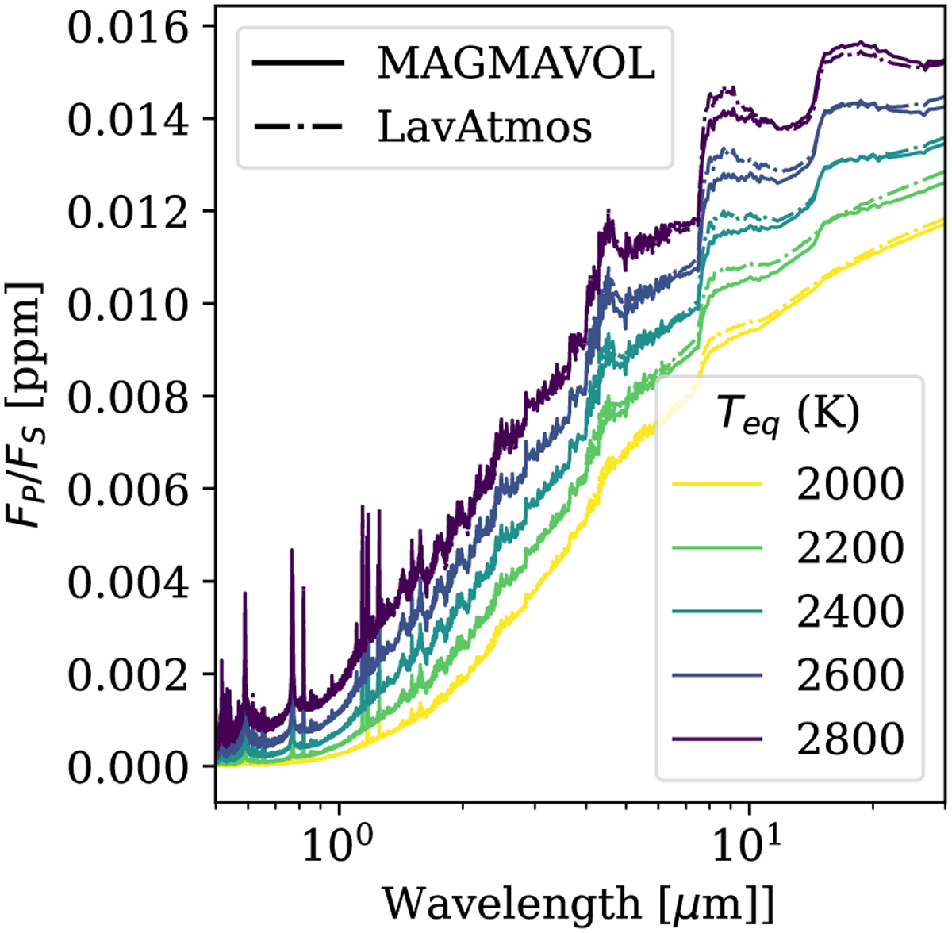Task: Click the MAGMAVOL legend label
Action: tap(516, 63)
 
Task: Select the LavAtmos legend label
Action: tap(485, 126)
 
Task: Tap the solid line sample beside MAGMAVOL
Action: tap(298, 63)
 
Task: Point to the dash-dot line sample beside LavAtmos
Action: tap(298, 126)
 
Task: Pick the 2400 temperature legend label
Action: tap(850, 611)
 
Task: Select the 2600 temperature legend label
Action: tap(850, 674)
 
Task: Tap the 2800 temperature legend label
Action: tap(850, 738)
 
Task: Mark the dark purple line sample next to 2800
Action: tap(716, 738)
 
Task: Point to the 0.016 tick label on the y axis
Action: tap(129, 28)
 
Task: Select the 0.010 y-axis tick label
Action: tap(129, 305)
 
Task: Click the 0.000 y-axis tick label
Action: tap(129, 768)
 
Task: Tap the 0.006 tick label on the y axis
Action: tap(129, 490)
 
